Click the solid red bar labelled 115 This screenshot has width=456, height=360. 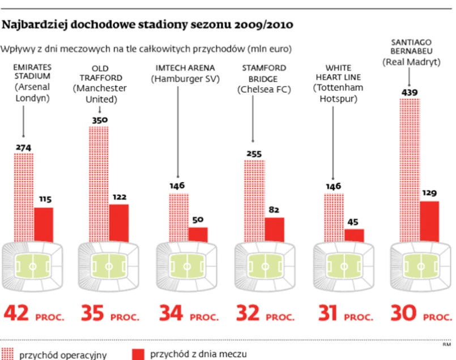[x=44, y=224]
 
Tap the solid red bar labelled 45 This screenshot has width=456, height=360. [x=354, y=235]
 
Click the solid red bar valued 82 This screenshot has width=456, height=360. [x=274, y=229]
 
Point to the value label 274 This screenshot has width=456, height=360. [x=23, y=148]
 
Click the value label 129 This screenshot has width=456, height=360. [x=429, y=193]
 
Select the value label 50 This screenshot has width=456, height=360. [x=198, y=219]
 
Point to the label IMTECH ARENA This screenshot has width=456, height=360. [x=177, y=68]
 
